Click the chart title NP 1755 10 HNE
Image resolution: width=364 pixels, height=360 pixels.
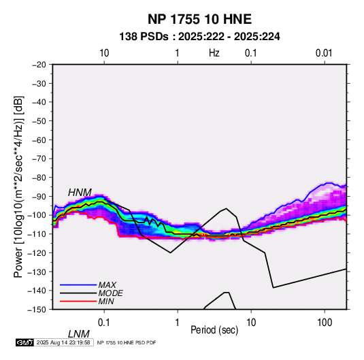point(199,19)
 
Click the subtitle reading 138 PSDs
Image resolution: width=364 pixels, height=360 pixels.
point(144,37)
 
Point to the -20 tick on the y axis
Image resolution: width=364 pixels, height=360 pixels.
point(39,65)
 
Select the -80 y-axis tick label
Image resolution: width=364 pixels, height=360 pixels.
point(39,178)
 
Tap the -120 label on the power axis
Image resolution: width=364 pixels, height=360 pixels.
point(37,252)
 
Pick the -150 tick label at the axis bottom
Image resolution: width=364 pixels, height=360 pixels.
point(37,310)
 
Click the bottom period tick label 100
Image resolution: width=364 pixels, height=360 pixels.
point(325,323)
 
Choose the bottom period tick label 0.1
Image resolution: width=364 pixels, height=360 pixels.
point(104,323)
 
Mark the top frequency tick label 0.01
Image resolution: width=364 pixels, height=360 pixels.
point(324,53)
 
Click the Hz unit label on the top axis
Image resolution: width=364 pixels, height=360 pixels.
point(214,53)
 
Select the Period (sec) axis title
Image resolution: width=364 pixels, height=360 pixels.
point(214,330)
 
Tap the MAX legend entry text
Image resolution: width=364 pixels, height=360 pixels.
point(107,284)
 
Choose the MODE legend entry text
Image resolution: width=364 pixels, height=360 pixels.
point(110,293)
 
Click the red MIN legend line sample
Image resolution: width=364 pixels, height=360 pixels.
point(78,301)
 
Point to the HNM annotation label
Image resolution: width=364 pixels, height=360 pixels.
point(80,193)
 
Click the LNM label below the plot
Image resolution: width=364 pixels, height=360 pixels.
point(79,334)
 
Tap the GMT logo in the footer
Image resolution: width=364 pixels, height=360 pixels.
point(25,342)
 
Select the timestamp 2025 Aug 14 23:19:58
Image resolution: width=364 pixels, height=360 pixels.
point(63,342)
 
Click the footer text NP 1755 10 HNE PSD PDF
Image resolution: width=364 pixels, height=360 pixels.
point(127,342)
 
